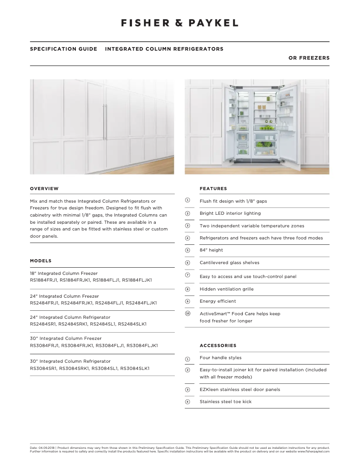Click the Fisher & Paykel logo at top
(180, 23)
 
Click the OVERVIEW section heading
(44, 189)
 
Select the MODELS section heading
(40, 261)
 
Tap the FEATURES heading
(213, 189)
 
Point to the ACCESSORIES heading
(218, 346)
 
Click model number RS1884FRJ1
(44, 280)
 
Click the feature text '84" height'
(211, 250)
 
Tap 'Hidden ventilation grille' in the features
(226, 289)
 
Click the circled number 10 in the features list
(188, 313)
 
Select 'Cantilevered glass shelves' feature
(229, 263)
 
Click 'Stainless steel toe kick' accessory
(225, 402)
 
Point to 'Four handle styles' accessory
(220, 358)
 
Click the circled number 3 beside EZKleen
(188, 390)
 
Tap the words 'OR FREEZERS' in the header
(309, 58)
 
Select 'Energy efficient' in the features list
(218, 301)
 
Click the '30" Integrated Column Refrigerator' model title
(70, 361)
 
